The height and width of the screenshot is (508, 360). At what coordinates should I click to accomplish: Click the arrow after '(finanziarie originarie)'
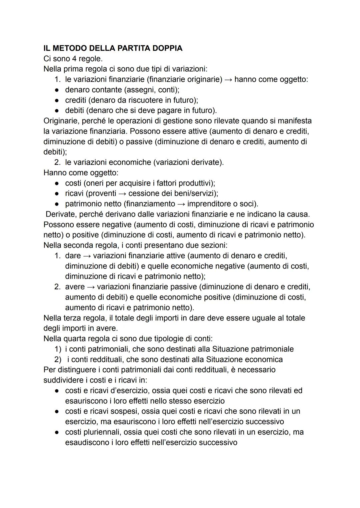[228, 80]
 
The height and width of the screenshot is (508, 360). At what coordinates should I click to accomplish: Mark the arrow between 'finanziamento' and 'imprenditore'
[181, 204]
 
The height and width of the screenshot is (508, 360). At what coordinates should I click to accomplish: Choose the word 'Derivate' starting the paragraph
[60, 214]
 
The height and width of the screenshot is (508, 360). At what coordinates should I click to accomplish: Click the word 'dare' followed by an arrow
[73, 256]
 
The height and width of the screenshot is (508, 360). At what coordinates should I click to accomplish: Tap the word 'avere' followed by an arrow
[75, 287]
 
